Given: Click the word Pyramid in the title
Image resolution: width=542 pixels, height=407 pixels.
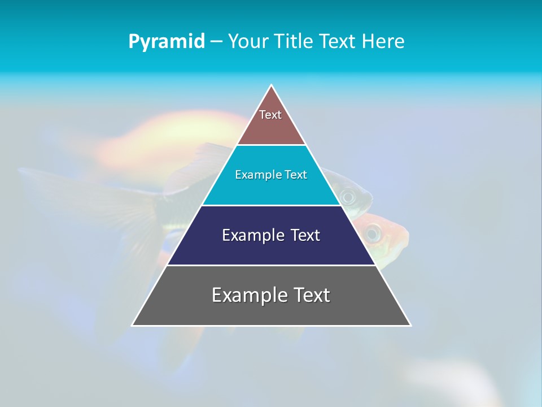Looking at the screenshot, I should pyautogui.click(x=166, y=42).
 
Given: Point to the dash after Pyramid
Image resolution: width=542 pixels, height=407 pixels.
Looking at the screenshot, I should pyautogui.click(x=216, y=42).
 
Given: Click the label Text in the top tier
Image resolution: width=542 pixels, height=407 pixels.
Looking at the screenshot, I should pyautogui.click(x=270, y=115).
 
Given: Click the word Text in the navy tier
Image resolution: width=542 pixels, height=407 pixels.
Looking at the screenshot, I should pyautogui.click(x=305, y=235).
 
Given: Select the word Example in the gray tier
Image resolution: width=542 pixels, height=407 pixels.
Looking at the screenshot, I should pyautogui.click(x=246, y=295).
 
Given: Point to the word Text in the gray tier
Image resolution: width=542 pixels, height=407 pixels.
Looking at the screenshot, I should pyautogui.click(x=311, y=295).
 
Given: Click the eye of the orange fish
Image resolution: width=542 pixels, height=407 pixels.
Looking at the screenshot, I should pyautogui.click(x=372, y=231).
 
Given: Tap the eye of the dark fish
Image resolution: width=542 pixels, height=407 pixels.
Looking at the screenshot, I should pyautogui.click(x=348, y=197).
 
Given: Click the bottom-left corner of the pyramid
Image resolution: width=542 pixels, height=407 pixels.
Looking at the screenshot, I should pyautogui.click(x=133, y=325).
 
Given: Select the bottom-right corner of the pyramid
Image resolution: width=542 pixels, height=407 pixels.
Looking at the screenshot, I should pyautogui.click(x=410, y=325).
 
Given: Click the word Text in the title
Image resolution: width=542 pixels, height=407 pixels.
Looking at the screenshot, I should pyautogui.click(x=338, y=42).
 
